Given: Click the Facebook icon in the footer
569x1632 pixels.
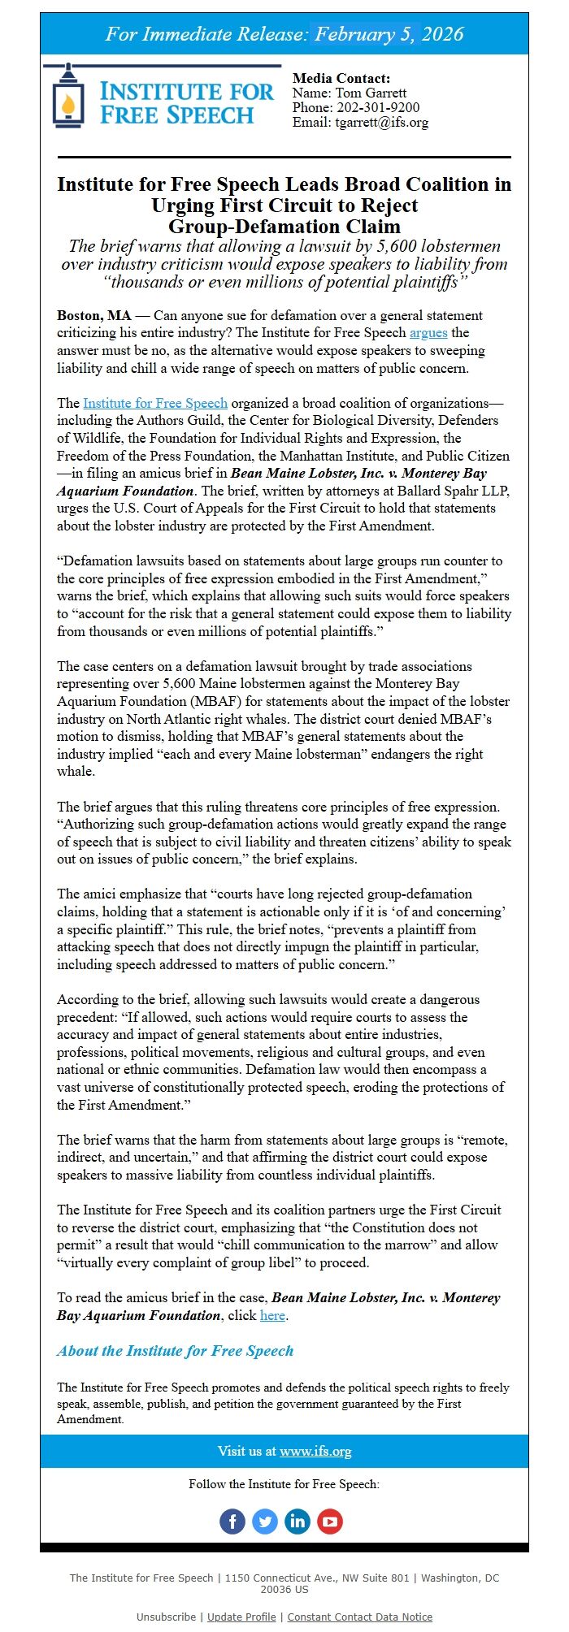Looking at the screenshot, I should click(232, 1521).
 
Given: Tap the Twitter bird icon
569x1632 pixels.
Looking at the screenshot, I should click(265, 1521).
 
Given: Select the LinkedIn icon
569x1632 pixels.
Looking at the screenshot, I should click(298, 1521).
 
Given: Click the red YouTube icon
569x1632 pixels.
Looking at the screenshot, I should click(330, 1521).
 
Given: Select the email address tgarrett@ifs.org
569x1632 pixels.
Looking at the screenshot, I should click(382, 123).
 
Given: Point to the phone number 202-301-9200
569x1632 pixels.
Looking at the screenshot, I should click(379, 107).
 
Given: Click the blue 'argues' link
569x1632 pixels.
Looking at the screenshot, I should click(428, 333).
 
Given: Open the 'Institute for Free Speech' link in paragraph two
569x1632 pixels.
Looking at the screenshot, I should click(155, 403).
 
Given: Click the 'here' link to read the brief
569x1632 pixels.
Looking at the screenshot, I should click(272, 1315).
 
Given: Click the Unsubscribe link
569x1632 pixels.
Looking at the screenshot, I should click(166, 1617).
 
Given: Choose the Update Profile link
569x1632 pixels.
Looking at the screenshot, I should click(241, 1617).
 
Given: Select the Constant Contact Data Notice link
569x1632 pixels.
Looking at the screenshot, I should click(360, 1617).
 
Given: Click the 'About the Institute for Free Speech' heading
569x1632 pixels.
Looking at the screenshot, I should click(175, 1351).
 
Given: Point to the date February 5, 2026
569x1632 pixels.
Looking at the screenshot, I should click(389, 34).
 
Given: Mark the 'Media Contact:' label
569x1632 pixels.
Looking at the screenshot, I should click(341, 78).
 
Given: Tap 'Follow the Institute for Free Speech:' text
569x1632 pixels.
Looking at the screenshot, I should click(284, 1484).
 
